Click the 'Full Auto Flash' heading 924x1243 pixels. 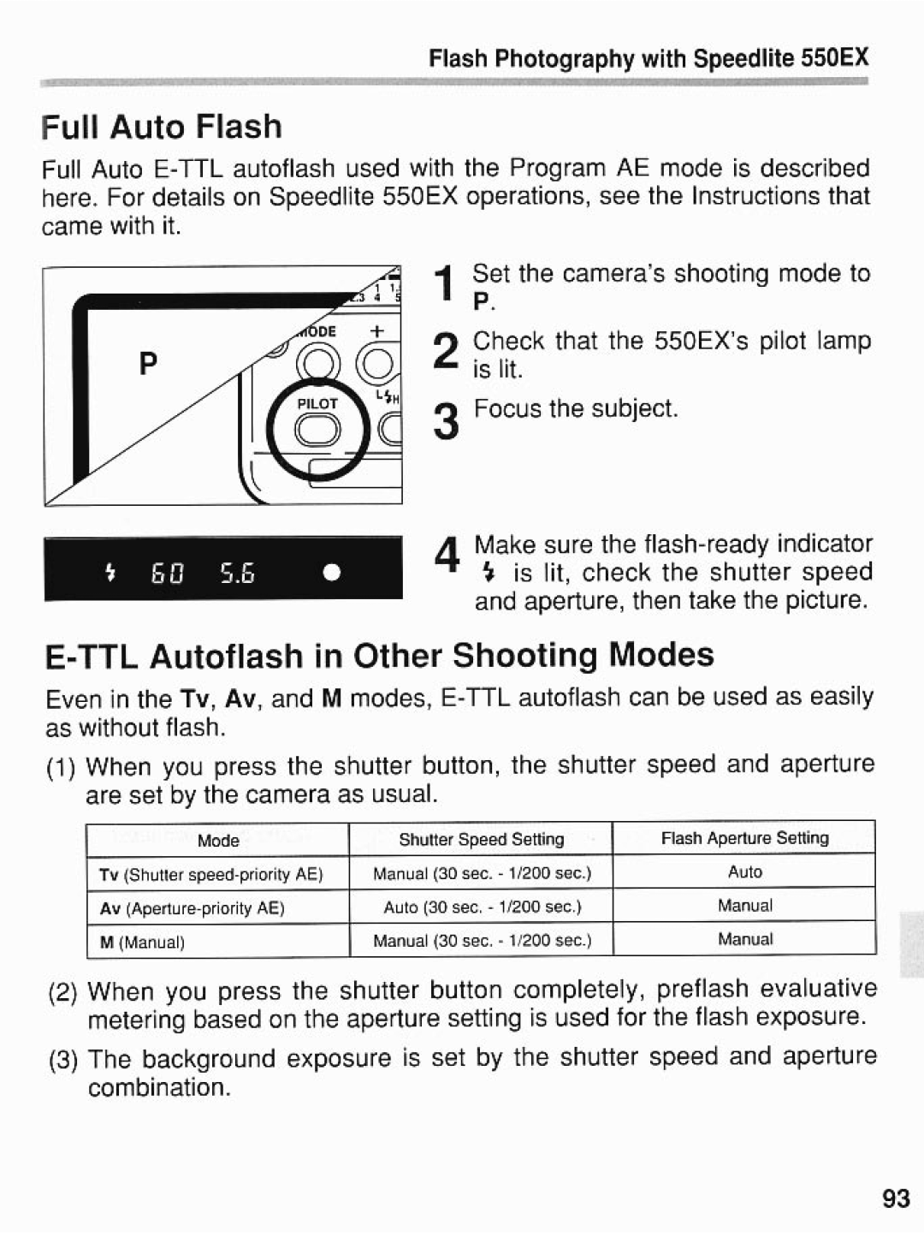point(162,127)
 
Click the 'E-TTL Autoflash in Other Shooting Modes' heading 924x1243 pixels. point(379,656)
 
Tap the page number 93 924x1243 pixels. point(896,1198)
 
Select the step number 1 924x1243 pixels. point(443,285)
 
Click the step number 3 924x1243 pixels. point(445,422)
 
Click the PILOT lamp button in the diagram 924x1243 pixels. point(317,431)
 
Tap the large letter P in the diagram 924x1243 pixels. point(148,365)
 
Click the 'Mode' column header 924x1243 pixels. point(218,841)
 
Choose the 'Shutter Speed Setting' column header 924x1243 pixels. point(481,840)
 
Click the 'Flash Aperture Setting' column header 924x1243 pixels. point(744,838)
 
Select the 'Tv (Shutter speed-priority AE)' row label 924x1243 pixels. point(210,874)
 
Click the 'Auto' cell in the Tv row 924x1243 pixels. point(744,871)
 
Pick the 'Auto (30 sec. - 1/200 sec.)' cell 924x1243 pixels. point(482,907)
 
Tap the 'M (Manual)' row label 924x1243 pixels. point(142,943)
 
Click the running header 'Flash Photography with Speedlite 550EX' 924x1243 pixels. point(649,58)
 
